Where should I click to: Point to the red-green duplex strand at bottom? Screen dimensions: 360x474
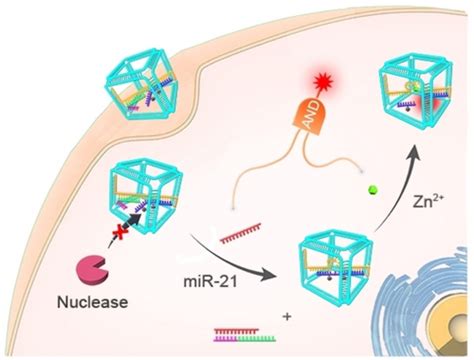tap(246, 326)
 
